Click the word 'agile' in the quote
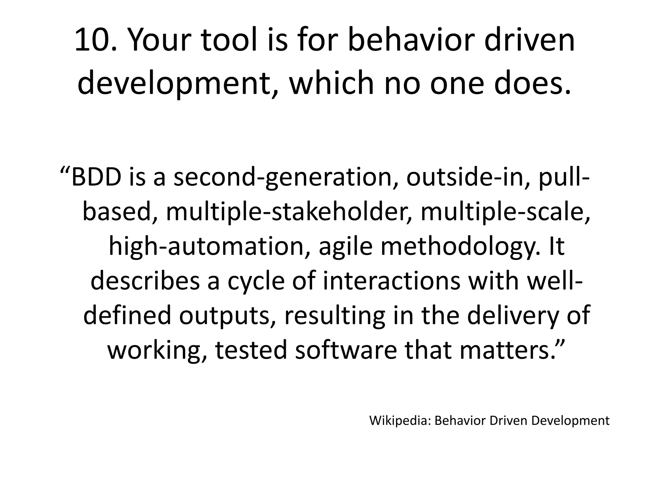(x=345, y=247)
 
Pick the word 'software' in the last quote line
(x=346, y=350)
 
